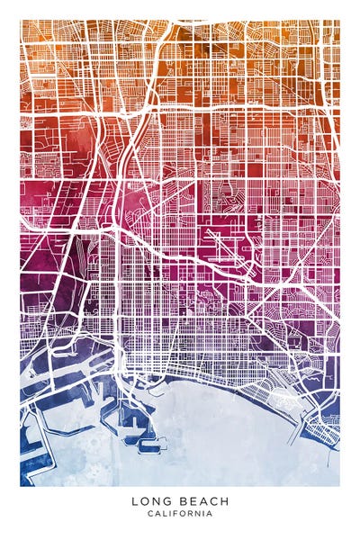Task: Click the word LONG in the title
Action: tap(148, 501)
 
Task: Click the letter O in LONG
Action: tap(143, 501)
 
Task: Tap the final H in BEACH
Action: tap(224, 501)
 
